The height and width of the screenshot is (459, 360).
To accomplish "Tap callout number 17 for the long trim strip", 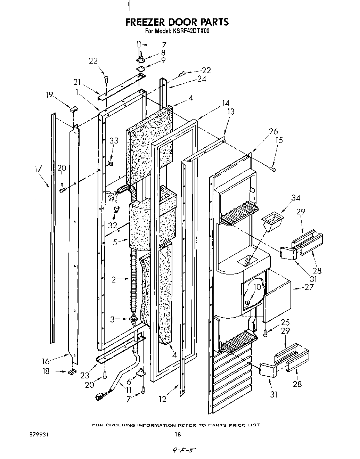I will click(x=38, y=169).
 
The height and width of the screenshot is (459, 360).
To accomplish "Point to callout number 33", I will click(x=114, y=141).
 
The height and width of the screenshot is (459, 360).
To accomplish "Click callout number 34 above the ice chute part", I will click(x=296, y=198).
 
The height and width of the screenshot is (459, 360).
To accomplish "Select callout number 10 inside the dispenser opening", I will click(x=257, y=287).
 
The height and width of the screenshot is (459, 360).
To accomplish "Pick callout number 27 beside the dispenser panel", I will click(x=309, y=287).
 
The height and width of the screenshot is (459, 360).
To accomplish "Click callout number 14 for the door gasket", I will click(x=226, y=103).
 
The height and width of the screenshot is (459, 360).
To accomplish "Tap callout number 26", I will click(x=273, y=131).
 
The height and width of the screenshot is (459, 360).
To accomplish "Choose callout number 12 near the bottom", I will click(x=162, y=399).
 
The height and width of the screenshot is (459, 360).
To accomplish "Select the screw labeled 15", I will click(x=273, y=169).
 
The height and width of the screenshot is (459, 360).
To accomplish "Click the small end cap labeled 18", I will click(x=72, y=372).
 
